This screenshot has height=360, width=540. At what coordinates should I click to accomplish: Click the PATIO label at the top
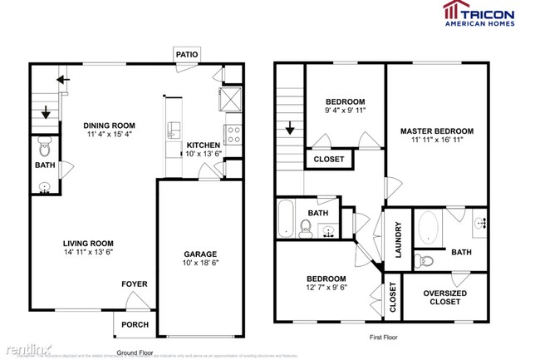(187, 54)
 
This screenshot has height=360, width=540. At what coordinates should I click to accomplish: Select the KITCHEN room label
(203, 145)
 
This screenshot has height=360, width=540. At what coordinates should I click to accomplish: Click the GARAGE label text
(199, 254)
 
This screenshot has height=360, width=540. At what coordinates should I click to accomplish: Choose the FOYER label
(135, 284)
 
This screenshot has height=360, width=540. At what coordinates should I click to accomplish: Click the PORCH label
(135, 324)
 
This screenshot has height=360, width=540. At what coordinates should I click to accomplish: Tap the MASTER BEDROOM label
(436, 131)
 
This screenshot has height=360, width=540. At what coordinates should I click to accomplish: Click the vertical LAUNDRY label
(399, 239)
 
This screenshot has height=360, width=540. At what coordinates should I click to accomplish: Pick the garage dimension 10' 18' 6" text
(199, 264)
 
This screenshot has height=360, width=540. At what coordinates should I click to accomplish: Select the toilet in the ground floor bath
(45, 150)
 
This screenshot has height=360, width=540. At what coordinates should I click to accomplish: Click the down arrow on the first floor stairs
(290, 129)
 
